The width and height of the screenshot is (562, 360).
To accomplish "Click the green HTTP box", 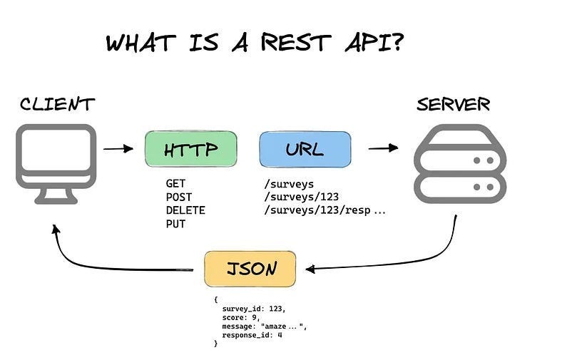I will click(x=190, y=150).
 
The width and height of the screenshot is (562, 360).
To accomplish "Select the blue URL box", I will click(x=305, y=150).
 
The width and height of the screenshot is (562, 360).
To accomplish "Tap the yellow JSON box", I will click(x=250, y=269).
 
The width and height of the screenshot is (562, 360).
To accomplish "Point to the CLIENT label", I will click(x=56, y=104).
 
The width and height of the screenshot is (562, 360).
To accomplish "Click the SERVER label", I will click(x=454, y=104).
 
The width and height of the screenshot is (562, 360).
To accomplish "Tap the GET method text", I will click(x=175, y=184).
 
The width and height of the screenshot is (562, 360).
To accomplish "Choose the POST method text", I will click(x=178, y=197).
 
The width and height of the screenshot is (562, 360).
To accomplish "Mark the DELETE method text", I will click(x=185, y=211).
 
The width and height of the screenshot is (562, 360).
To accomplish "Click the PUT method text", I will click(x=175, y=225).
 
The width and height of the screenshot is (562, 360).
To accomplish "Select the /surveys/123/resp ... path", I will click(x=324, y=211).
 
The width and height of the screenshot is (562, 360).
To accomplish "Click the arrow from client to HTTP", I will click(x=118, y=149).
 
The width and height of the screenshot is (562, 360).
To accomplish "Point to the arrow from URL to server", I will click(x=383, y=148).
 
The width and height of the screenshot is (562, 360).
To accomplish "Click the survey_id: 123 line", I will click(x=252, y=309).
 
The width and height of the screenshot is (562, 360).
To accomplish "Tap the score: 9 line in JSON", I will click(x=240, y=318).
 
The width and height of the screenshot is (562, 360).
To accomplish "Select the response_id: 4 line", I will click(x=252, y=334).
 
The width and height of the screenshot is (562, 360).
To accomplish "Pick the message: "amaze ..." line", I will click(x=263, y=326).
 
